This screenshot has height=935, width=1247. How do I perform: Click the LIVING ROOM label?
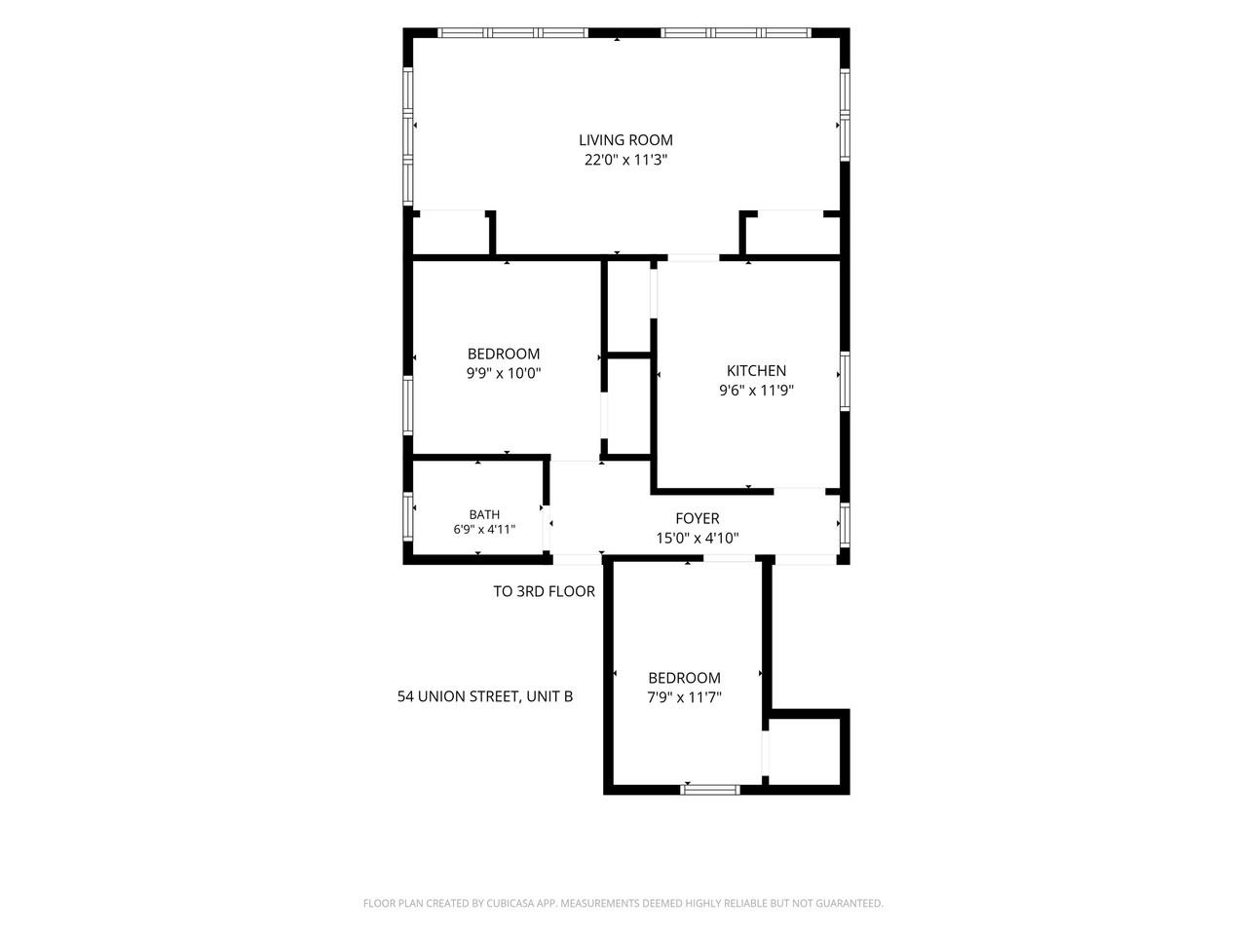click(625, 139)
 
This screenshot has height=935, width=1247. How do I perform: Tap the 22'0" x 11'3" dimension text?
click(625, 160)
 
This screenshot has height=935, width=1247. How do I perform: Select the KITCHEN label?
click(756, 371)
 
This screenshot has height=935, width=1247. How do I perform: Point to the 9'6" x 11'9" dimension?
click(756, 391)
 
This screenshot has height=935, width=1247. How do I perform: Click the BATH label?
click(484, 514)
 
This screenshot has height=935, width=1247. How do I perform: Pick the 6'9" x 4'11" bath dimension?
click(484, 530)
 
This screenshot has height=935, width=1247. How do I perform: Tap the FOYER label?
click(698, 518)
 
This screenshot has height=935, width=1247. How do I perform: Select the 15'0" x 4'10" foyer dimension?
click(698, 539)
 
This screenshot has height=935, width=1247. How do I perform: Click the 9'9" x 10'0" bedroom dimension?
click(504, 374)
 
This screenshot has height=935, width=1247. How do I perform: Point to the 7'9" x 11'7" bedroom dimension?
click(684, 697)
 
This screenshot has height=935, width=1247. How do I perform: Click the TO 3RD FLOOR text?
click(544, 591)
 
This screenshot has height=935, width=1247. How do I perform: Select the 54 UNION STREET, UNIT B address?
click(484, 696)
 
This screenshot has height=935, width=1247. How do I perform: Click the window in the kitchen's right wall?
click(845, 381)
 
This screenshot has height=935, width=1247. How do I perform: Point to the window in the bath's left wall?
click(407, 516)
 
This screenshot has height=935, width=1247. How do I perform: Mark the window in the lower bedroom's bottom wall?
click(710, 790)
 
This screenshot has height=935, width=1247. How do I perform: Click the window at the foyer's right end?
click(845, 525)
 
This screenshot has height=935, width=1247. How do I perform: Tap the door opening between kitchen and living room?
click(693, 258)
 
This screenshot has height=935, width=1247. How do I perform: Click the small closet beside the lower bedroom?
click(804, 752)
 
